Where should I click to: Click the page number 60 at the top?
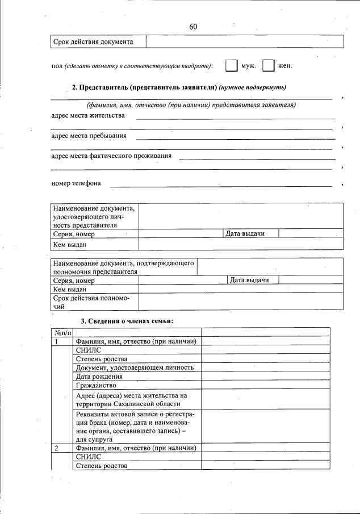click(x=193, y=27)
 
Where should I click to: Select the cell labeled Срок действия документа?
click(x=94, y=42)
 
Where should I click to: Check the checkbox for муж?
click(x=231, y=66)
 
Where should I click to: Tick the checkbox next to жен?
click(x=269, y=66)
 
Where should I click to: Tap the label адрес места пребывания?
click(x=89, y=136)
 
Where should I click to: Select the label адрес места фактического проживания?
click(x=111, y=156)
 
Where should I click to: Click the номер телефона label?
click(x=76, y=183)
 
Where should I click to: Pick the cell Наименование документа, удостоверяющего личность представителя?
click(x=94, y=216)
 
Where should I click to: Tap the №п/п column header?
click(x=62, y=332)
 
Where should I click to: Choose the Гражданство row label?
click(x=95, y=385)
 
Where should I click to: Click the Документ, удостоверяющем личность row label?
click(x=135, y=367)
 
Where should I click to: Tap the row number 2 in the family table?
click(x=57, y=448)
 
